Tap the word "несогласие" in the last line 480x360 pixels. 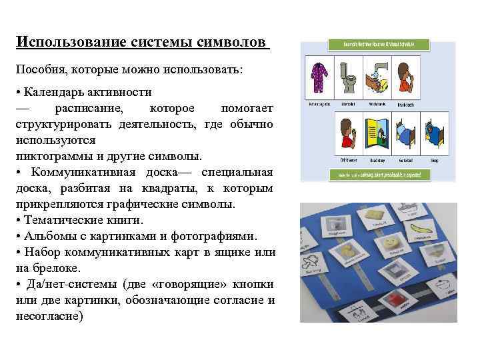(48, 317)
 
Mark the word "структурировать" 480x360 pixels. (63, 125)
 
